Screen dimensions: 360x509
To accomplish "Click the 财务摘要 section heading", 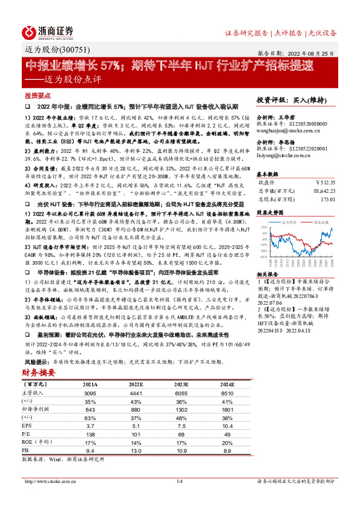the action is click(x=39, y=372).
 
